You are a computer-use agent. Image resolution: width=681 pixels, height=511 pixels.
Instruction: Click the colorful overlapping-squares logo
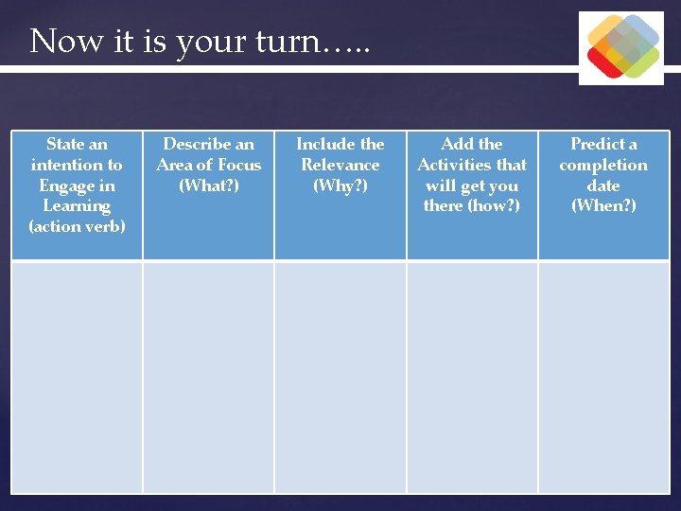click(621, 47)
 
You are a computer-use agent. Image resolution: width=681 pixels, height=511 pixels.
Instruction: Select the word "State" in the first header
click(65, 144)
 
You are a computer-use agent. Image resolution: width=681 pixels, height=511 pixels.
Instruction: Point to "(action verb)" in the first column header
click(77, 226)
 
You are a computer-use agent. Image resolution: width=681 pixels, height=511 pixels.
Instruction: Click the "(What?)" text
click(208, 185)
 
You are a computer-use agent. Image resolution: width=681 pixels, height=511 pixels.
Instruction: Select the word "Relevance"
click(340, 165)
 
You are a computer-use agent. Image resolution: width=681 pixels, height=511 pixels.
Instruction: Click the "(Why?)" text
click(340, 185)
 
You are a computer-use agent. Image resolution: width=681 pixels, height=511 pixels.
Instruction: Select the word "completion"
click(603, 165)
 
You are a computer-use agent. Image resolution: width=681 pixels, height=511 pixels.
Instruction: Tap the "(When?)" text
click(603, 205)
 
